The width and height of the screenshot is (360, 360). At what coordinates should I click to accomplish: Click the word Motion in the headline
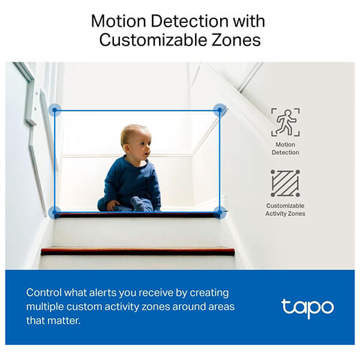tap(118, 21)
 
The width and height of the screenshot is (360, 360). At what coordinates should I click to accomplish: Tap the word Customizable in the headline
tap(153, 40)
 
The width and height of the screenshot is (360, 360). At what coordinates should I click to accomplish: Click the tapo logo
tap(307, 308)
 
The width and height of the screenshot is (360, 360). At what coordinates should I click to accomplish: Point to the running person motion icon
tap(286, 122)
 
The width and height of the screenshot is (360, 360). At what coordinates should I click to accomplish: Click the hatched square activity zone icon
tap(285, 183)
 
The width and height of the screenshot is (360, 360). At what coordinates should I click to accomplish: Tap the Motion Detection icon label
tap(286, 148)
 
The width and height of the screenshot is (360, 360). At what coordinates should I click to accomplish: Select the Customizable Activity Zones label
tap(286, 209)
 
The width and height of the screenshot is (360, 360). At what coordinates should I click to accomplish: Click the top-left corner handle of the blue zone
tap(55, 110)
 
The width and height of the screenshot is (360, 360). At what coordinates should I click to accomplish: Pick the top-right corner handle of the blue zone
tap(220, 110)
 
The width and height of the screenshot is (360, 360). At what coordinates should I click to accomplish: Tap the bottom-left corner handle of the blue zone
tap(55, 212)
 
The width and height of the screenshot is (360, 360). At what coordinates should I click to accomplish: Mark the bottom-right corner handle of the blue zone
tap(220, 212)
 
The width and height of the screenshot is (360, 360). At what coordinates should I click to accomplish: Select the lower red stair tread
tap(138, 251)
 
